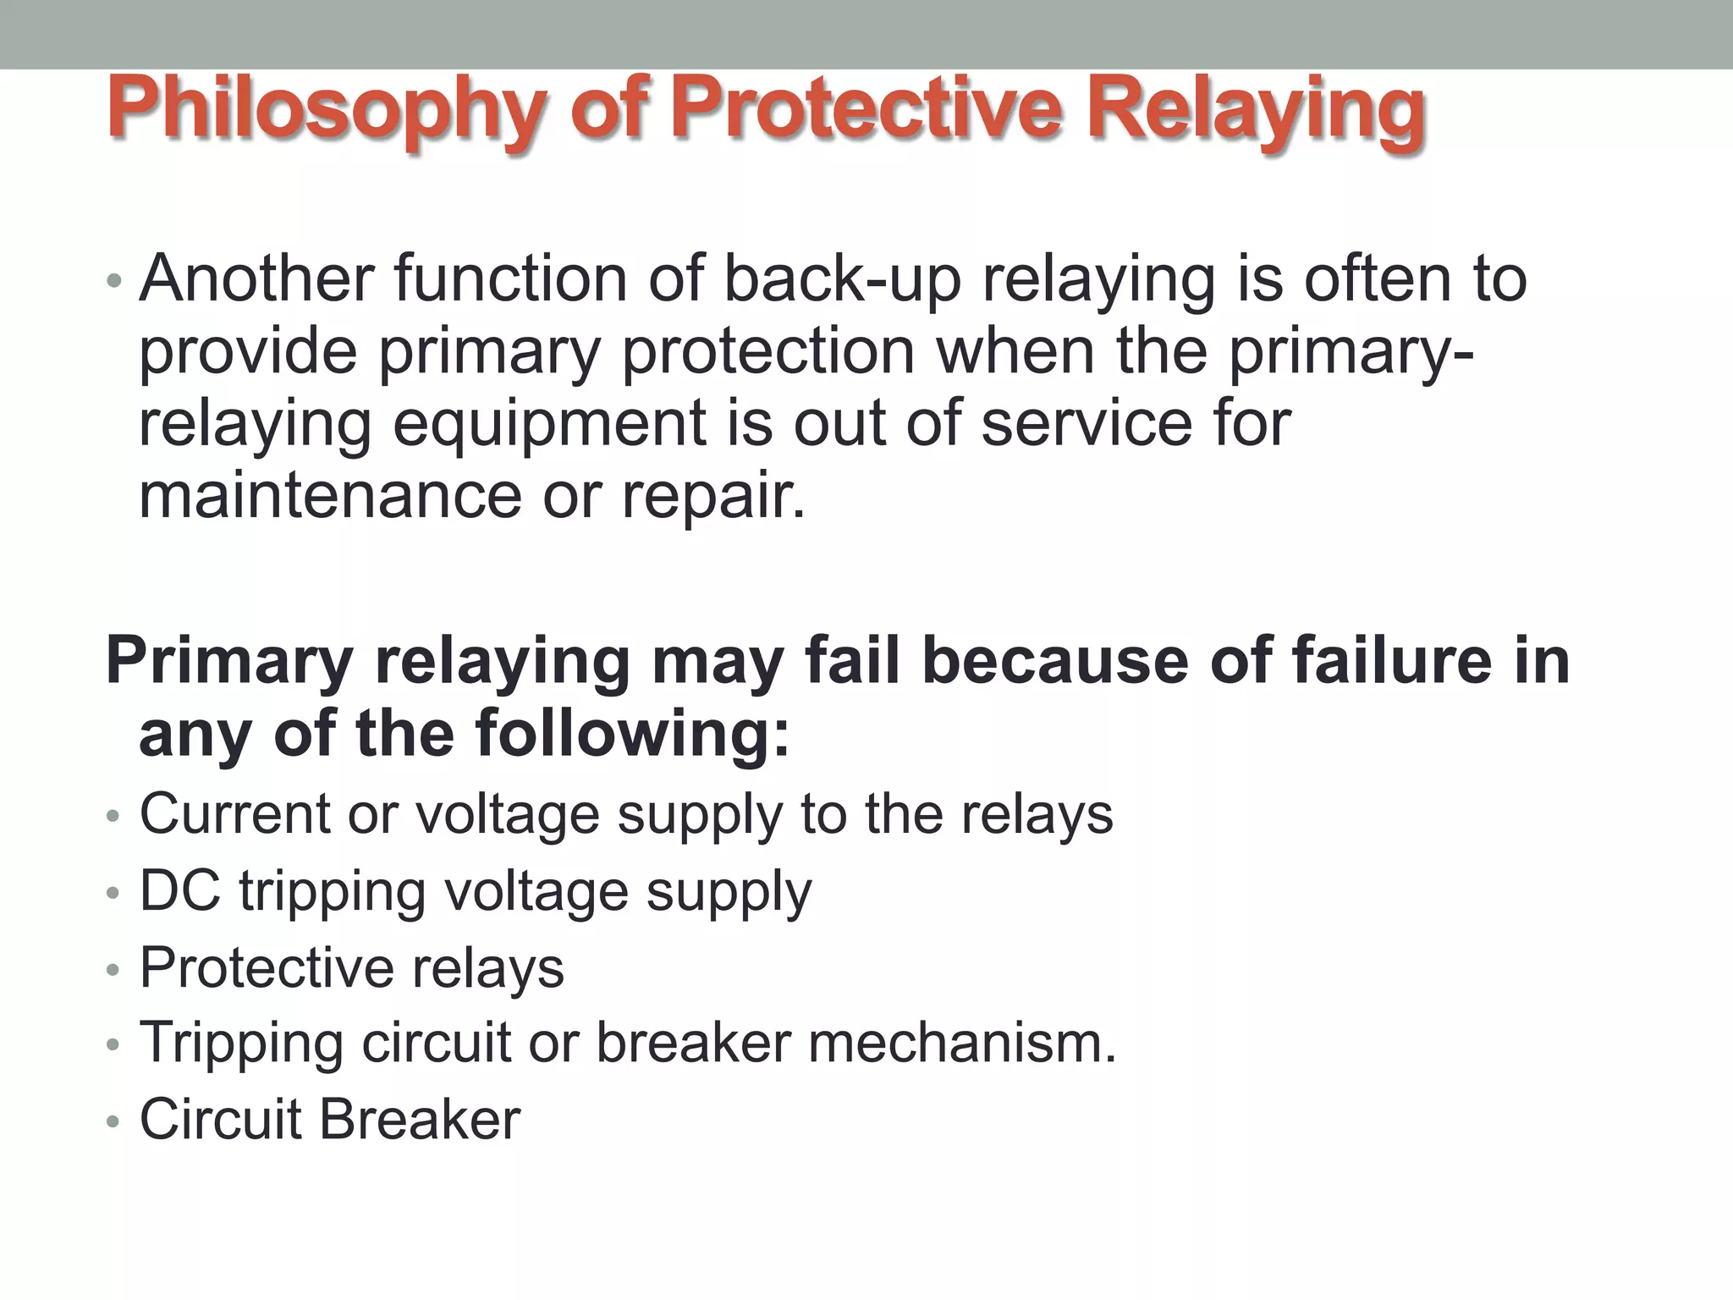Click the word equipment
click(x=549, y=423)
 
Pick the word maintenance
click(x=330, y=496)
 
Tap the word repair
click(x=713, y=498)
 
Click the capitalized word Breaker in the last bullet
click(x=420, y=1120)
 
